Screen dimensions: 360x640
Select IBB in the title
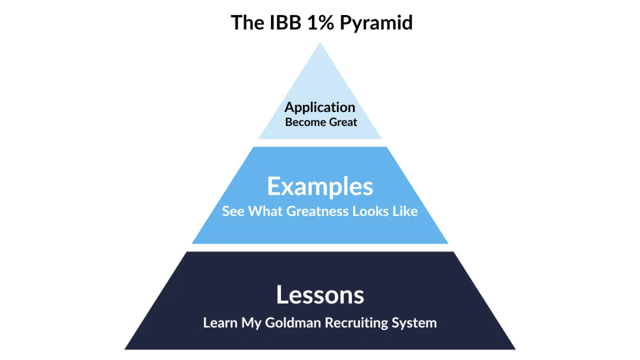(283, 22)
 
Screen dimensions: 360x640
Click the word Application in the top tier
(320, 108)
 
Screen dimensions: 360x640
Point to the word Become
(304, 122)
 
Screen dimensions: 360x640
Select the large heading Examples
(320, 187)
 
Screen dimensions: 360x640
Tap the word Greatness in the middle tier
(317, 211)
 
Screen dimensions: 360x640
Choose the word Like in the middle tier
(406, 211)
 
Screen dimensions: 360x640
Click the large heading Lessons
(320, 295)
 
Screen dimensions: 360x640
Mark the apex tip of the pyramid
(320, 44)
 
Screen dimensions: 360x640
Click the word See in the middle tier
(233, 211)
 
